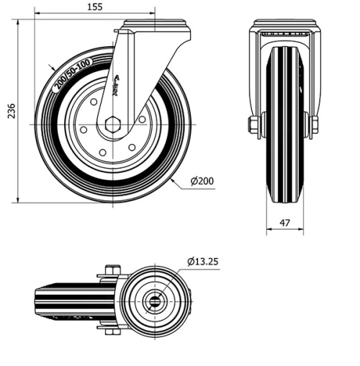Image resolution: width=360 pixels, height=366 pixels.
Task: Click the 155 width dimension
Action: [x=94, y=6]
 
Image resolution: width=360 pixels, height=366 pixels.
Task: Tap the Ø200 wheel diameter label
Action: [x=204, y=180]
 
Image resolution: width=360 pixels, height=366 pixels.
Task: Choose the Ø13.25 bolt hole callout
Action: [x=203, y=261]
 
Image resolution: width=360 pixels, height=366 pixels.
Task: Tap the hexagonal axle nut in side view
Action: [x=112, y=125]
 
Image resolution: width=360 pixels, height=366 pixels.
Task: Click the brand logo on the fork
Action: [x=120, y=86]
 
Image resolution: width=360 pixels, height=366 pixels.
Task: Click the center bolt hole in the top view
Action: [x=154, y=301]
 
